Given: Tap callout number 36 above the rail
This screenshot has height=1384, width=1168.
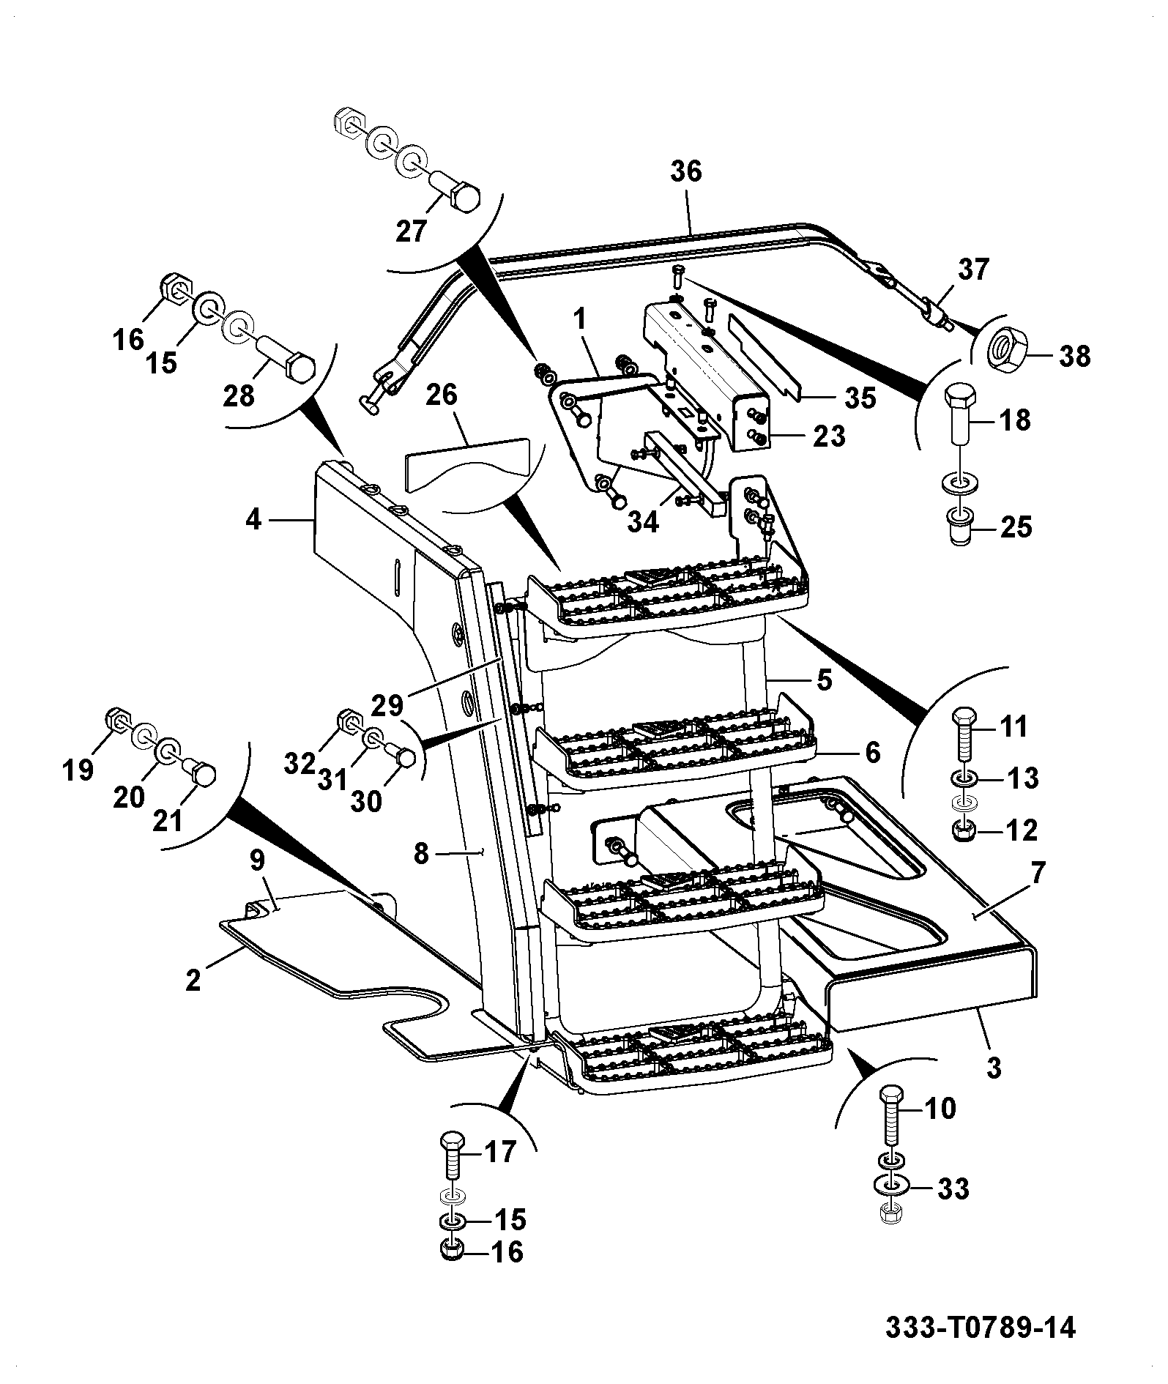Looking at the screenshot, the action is [685, 171].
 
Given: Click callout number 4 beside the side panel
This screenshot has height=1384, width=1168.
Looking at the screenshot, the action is [253, 521].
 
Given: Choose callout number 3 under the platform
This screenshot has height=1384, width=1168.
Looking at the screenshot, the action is [994, 1067].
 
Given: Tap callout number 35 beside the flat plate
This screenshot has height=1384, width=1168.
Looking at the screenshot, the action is [860, 398].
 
